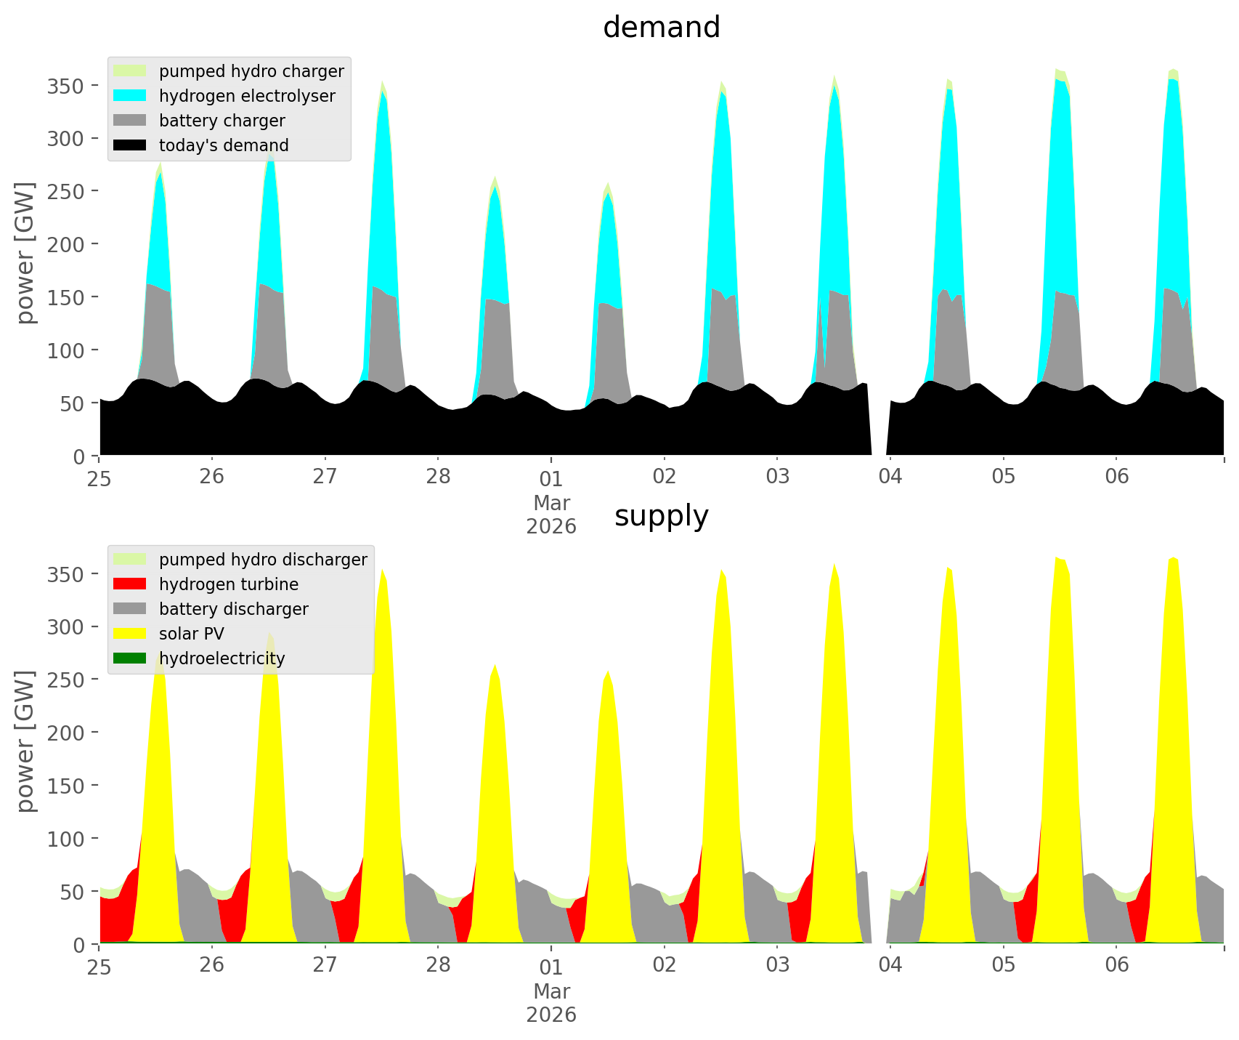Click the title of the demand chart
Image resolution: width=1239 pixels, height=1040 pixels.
[661, 28]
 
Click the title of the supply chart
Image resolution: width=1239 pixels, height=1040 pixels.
[661, 516]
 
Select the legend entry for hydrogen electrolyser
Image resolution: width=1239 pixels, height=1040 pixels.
[246, 96]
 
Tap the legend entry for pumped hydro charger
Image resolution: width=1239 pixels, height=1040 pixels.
[251, 71]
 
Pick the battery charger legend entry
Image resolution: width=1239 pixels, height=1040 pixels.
[222, 121]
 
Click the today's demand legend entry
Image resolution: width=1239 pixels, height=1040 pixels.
[223, 145]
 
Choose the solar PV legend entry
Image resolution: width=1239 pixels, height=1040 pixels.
[191, 634]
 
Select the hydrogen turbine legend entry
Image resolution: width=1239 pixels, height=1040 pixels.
[228, 584]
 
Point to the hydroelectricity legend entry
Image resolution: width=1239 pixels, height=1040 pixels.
[222, 658]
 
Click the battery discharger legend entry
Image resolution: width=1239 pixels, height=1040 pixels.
[233, 609]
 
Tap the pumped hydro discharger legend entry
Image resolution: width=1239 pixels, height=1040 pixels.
[262, 560]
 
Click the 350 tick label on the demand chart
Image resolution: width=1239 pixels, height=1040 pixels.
[65, 86]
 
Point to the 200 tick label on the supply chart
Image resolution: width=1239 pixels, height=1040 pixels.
[65, 733]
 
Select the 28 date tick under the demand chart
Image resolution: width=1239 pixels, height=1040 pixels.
[438, 477]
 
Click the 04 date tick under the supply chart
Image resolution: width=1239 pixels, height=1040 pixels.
[890, 966]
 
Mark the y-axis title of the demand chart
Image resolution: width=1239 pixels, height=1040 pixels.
[26, 253]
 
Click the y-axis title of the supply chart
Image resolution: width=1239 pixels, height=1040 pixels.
[26, 741]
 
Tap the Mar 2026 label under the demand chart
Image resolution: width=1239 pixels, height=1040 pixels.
[551, 515]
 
